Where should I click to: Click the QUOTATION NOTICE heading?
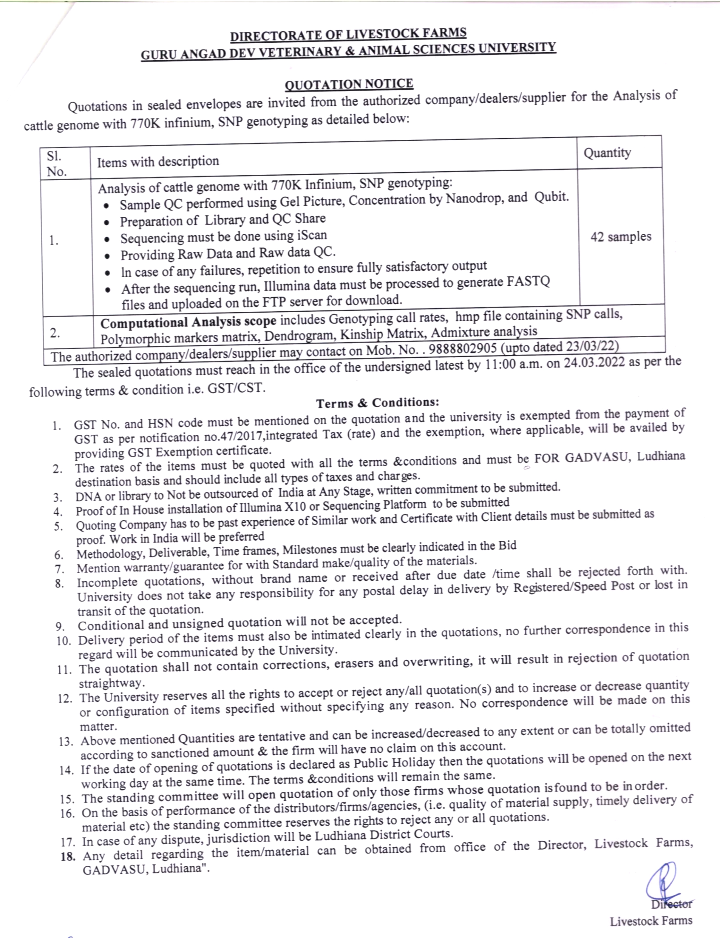(349, 84)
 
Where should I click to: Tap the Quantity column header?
(607, 153)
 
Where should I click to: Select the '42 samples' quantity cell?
(621, 236)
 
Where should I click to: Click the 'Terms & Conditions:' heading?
(378, 403)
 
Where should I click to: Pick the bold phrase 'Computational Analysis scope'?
(188, 322)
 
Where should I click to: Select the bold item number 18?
(68, 856)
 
